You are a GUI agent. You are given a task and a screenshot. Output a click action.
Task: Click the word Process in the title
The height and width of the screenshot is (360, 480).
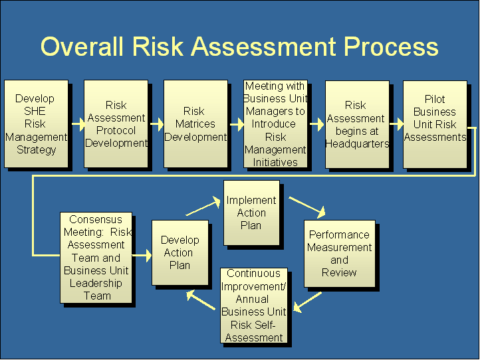tap(391, 46)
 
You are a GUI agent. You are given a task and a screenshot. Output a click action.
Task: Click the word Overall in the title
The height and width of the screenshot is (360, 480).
tap(82, 46)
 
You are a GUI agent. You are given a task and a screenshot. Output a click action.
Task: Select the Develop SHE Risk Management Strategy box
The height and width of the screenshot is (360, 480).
tap(36, 124)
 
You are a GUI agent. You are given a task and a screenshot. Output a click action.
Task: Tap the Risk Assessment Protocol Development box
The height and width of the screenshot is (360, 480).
tap(116, 124)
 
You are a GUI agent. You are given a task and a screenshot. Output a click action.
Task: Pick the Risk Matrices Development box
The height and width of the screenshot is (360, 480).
tap(195, 124)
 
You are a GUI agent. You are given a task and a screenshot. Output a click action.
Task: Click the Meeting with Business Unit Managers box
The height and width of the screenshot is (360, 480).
tap(275, 124)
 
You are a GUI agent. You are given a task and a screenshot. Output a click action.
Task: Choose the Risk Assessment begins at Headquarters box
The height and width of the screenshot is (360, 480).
tap(357, 124)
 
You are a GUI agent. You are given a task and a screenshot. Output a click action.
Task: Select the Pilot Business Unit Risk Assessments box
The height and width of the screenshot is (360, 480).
tap(435, 124)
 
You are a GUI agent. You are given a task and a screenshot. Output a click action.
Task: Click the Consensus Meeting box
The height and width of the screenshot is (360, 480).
tap(96, 258)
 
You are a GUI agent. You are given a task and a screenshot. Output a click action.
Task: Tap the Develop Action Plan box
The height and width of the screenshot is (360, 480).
tap(180, 252)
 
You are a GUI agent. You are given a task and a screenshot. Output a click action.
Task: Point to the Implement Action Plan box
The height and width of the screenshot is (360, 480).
tap(251, 213)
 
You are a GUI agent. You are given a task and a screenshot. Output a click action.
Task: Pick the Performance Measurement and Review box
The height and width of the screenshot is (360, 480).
tap(340, 254)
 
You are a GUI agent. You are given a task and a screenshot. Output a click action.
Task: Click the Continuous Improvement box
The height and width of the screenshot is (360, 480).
tap(254, 306)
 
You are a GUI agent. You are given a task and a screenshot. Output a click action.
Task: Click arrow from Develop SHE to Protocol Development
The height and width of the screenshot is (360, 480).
tap(78, 124)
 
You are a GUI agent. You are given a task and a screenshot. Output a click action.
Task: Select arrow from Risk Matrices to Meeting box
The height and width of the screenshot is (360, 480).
tap(237, 124)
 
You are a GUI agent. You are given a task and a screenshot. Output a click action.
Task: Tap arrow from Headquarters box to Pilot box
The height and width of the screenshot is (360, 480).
tap(397, 124)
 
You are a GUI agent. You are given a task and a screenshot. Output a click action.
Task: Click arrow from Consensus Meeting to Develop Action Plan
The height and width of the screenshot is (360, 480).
tap(142, 256)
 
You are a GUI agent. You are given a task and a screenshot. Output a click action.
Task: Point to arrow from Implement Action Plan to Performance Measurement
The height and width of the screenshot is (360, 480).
tap(307, 208)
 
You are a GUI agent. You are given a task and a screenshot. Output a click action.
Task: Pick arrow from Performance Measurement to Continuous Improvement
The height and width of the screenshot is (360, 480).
tap(307, 302)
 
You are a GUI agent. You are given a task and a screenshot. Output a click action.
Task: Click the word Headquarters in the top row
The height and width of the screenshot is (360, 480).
tap(357, 143)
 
